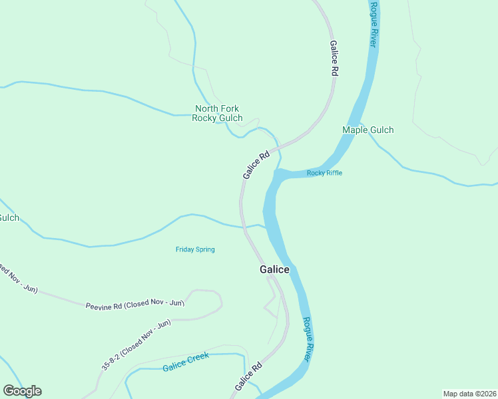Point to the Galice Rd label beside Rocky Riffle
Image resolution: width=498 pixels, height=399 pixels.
[x=256, y=164]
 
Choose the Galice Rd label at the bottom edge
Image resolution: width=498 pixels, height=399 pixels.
[x=248, y=376]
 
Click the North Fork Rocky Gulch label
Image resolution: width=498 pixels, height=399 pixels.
[x=217, y=113]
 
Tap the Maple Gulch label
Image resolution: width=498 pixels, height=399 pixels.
[x=368, y=130]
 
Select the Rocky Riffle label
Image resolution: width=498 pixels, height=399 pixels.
[x=324, y=174]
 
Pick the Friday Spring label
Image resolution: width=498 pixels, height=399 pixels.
[x=195, y=249]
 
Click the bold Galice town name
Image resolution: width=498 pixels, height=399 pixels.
[x=274, y=269]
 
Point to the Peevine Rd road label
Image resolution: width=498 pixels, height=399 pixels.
[x=134, y=304]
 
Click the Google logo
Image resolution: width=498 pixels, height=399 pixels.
[x=23, y=391]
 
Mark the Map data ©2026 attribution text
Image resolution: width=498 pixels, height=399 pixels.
[x=470, y=393]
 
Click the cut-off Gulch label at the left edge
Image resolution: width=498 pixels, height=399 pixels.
[x=9, y=218]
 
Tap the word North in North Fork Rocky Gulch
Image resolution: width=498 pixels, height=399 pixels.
[x=207, y=108]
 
